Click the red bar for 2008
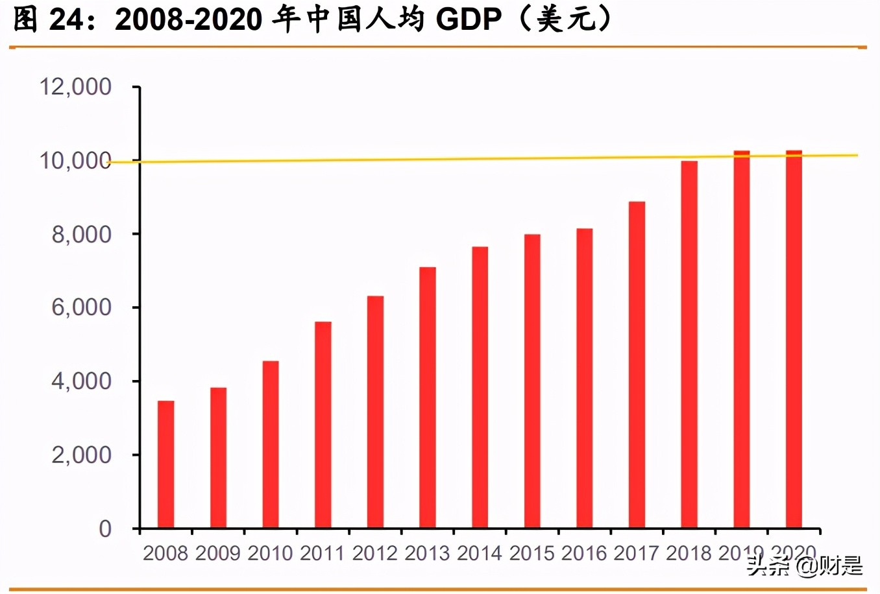click(x=166, y=464)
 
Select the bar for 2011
click(x=323, y=425)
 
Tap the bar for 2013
click(x=428, y=398)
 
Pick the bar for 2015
click(x=532, y=381)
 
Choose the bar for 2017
click(x=637, y=364)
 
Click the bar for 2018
click(x=689, y=344)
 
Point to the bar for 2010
click(x=271, y=444)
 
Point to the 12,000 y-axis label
click(x=75, y=87)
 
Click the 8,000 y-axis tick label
click(x=82, y=234)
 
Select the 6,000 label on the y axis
click(x=82, y=307)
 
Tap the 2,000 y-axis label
click(x=82, y=455)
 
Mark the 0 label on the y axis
click(x=105, y=529)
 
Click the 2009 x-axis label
click(x=218, y=553)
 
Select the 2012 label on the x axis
click(x=375, y=553)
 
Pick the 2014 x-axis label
click(x=480, y=553)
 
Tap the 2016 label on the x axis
click(x=584, y=553)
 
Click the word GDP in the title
click(x=469, y=20)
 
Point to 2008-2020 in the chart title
click(x=189, y=20)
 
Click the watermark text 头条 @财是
click(x=805, y=565)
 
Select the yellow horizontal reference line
click(x=454, y=158)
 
